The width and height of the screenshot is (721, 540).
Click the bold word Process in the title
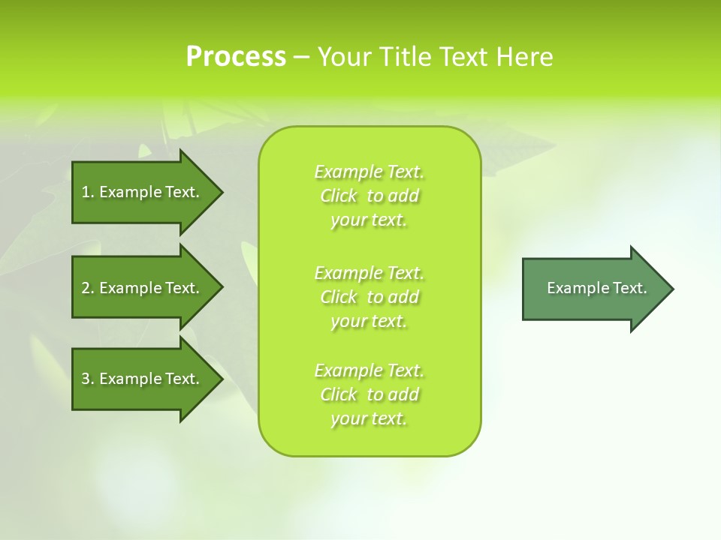tap(236, 57)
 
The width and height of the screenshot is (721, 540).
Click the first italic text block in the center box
tap(369, 196)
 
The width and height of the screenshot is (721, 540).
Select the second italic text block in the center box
tap(369, 297)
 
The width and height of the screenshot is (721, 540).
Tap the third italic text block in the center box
tap(369, 394)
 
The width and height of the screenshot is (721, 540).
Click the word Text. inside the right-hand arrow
tap(629, 288)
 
